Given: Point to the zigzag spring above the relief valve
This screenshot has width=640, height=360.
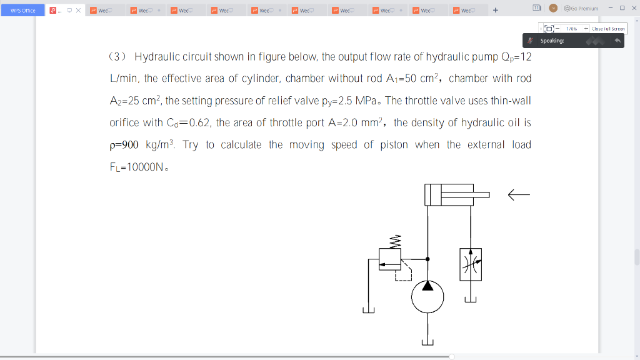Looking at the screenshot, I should coord(394,241).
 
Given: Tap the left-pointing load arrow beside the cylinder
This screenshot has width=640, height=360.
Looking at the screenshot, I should coord(518,196).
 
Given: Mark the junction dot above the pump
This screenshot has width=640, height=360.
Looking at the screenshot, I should coord(427,259).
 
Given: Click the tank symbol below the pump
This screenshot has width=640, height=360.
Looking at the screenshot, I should coord(427,342).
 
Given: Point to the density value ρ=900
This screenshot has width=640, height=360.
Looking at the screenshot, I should coord(124,145).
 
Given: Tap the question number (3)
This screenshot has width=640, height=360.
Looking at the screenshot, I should coord(118,57).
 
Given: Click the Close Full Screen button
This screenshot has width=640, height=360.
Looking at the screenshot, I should coord(607,29).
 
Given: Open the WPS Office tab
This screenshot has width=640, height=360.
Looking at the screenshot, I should coord(22,10).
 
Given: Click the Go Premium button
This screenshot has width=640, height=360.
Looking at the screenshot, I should coord(581,8).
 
